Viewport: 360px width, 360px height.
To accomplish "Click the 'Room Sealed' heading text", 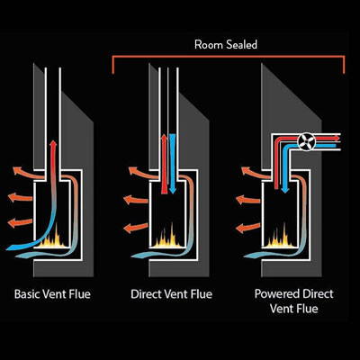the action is (226, 45).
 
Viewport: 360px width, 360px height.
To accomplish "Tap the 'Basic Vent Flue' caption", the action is (52, 294).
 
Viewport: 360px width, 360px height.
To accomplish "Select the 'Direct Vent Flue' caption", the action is (172, 294).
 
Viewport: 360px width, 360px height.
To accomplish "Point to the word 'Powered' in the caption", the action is (275, 293).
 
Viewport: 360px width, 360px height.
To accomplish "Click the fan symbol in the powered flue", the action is (305, 141).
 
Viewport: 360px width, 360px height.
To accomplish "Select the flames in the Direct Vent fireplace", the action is (167, 238).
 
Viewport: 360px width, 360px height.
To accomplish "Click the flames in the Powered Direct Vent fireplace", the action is (280, 238).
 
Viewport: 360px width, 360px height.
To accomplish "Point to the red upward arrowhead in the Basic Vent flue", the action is (53, 144).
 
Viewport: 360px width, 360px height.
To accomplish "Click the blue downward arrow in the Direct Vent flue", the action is (172, 164).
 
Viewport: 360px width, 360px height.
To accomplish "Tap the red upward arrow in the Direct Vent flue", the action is (164, 164).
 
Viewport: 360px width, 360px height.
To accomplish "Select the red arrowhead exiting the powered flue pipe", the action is (337, 138).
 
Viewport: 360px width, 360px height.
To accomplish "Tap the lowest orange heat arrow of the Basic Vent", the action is (20, 223).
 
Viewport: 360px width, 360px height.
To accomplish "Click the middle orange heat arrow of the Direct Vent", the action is (136, 200).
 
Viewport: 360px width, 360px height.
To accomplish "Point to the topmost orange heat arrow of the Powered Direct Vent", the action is (256, 173).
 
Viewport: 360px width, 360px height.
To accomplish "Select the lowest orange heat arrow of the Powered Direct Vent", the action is (248, 228).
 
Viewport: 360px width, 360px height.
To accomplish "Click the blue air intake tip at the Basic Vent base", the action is (6, 248).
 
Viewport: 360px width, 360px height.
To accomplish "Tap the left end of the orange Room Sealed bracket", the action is (113, 73).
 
